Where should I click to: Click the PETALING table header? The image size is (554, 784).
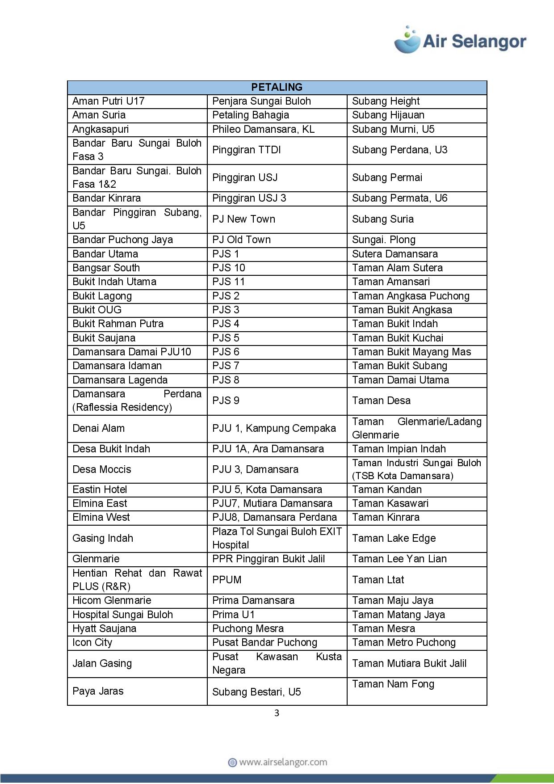pos(277,87)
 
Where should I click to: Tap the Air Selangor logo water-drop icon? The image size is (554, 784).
pos(407,40)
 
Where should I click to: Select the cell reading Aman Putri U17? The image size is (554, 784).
pos(109,101)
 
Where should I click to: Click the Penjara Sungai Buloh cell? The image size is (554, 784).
pos(261,101)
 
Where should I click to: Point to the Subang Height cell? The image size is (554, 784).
pos(386,101)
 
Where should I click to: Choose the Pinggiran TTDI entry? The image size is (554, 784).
pos(246,150)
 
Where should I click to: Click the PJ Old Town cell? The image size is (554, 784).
pos(241,240)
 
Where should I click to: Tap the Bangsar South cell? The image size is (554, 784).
pos(106,268)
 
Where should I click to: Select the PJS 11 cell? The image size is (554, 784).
pos(229,282)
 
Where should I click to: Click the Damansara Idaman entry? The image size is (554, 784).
pos(117,366)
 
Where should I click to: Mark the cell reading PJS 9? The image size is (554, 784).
pos(226,400)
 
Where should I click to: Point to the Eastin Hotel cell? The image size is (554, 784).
pos(100,489)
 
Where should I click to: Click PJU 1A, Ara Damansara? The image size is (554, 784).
pos(268,449)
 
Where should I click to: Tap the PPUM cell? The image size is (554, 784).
pos(227,580)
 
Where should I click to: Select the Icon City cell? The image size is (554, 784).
pos(92,642)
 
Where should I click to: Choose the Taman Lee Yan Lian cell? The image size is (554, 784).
pos(399,559)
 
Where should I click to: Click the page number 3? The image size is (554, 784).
pos(277,713)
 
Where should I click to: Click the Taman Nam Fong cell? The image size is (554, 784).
pos(393,684)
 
